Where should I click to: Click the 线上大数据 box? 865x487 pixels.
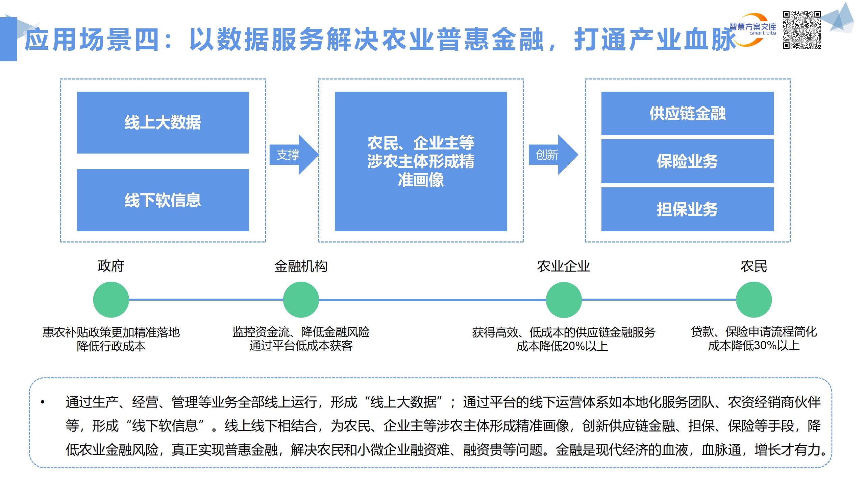point(163,122)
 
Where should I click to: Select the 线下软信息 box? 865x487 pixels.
point(163,200)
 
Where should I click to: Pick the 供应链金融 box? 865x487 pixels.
point(687,113)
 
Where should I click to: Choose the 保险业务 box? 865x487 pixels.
point(687,161)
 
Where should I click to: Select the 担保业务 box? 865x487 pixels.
point(687,209)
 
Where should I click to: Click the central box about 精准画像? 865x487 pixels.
point(421,161)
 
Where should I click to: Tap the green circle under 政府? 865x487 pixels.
point(111,300)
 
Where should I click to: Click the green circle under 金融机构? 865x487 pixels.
point(301,300)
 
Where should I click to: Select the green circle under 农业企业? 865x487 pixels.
point(564,300)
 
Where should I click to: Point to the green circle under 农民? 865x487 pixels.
point(753,300)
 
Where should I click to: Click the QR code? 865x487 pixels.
point(801,30)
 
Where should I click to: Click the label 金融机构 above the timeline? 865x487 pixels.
point(301,266)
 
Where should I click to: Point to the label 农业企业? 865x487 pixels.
point(564,266)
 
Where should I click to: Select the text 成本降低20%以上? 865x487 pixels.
point(562,346)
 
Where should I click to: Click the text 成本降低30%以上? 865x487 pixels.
point(753,346)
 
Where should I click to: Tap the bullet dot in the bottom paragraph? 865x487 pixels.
point(43,402)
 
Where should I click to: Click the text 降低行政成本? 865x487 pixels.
point(111,346)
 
